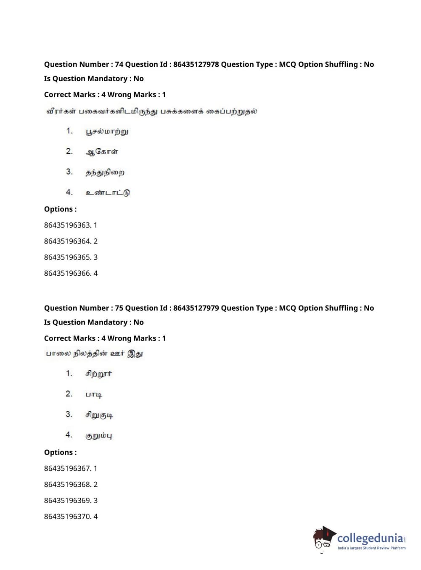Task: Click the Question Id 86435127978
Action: (196, 64)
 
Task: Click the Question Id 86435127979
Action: (196, 308)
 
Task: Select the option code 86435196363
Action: (67, 225)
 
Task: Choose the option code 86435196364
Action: (67, 241)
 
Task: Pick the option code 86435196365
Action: (67, 257)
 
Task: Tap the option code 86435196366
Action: (67, 273)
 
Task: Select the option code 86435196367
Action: (67, 468)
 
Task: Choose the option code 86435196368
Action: (67, 484)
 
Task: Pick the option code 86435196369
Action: (67, 500)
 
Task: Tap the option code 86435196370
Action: (67, 516)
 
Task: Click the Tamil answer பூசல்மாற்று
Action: (107, 132)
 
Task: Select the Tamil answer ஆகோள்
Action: (102, 152)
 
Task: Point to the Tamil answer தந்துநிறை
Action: (105, 172)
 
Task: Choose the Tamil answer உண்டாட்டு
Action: (108, 193)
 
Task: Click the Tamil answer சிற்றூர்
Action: (99, 374)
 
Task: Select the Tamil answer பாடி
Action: (94, 395)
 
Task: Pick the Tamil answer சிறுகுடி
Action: (99, 415)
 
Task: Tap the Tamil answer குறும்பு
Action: (99, 436)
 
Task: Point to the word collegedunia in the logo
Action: (370, 538)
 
